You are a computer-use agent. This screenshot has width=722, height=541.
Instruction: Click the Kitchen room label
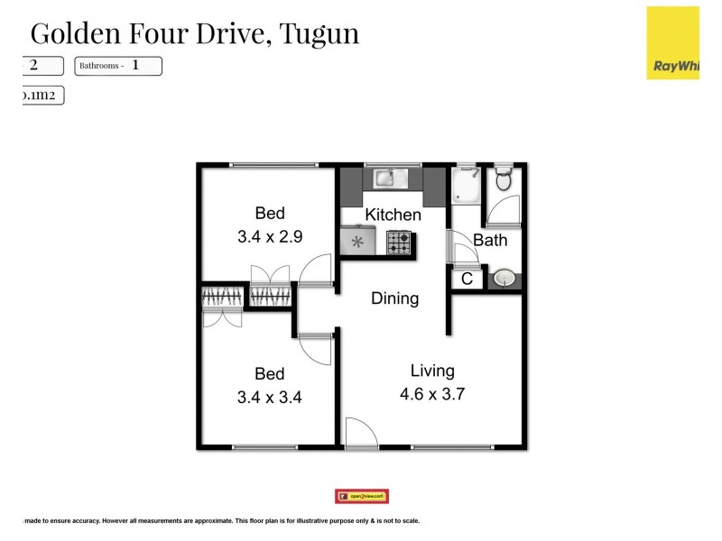pos(393,215)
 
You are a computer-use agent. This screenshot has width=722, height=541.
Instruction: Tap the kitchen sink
pos(393,178)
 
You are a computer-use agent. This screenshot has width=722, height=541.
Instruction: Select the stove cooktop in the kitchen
pos(399,242)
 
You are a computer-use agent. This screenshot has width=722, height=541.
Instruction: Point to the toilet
pos(504,179)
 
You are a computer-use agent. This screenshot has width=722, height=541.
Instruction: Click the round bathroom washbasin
pos(503,279)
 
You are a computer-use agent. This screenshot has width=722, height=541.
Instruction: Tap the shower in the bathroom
pos(467,184)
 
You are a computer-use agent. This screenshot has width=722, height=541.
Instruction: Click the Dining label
pos(394,298)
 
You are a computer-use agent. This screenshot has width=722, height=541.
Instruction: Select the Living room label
pos(432,370)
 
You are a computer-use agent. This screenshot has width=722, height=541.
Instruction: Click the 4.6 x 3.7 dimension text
pos(432,393)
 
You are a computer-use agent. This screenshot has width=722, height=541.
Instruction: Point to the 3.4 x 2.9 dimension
pos(270,238)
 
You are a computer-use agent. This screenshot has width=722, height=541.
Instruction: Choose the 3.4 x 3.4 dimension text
pos(270,398)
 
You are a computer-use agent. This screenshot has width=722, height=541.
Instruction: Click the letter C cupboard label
pos(467,280)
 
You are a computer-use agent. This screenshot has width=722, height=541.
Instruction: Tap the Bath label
pos(490,241)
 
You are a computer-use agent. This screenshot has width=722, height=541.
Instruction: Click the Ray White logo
pos(672,43)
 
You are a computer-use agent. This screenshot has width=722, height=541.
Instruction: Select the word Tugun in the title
pos(319,33)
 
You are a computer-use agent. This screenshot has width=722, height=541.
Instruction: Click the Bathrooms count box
pos(118,66)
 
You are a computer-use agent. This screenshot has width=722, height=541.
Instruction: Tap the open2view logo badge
pos(361,496)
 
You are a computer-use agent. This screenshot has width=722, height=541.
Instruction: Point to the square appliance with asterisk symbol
pos(358,242)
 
